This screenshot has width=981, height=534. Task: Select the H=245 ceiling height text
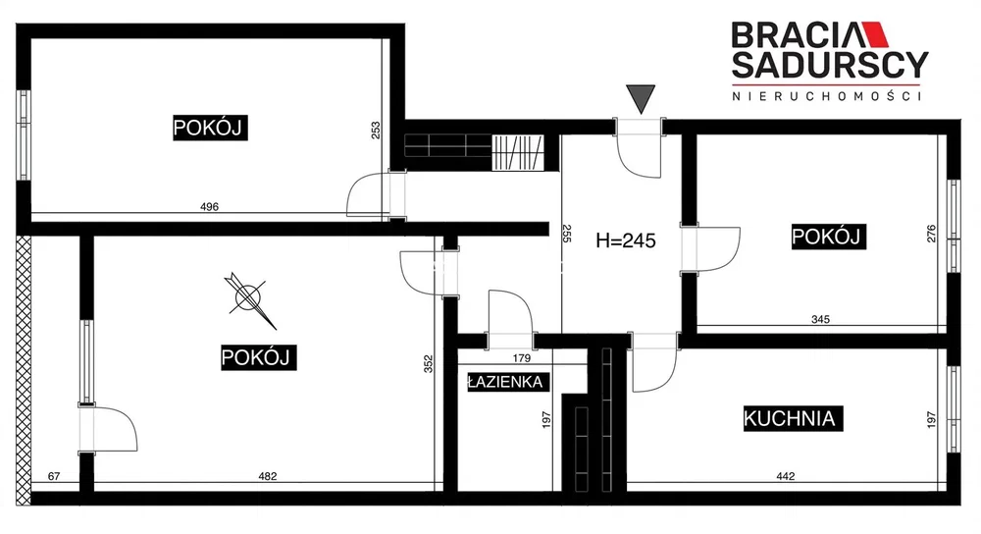coord(626,240)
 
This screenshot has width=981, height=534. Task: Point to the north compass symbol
coord(249,298)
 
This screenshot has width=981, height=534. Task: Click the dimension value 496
coord(209,206)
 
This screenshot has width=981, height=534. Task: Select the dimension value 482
coord(267,476)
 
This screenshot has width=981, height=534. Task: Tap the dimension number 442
coord(785,476)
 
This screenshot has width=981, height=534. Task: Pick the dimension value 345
coord(820,319)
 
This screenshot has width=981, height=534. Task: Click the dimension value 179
coord(521,358)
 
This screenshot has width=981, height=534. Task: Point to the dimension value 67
coord(54,476)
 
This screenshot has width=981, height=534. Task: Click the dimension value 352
coord(429,364)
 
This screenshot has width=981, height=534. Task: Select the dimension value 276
coord(931,235)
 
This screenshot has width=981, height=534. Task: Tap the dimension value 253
coord(376,131)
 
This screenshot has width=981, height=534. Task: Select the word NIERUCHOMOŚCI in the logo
coord(826,96)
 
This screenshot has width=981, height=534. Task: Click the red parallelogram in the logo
coord(875,35)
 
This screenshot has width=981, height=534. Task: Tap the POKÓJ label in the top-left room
coord(210,128)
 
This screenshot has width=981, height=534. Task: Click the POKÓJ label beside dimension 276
coord(829,237)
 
